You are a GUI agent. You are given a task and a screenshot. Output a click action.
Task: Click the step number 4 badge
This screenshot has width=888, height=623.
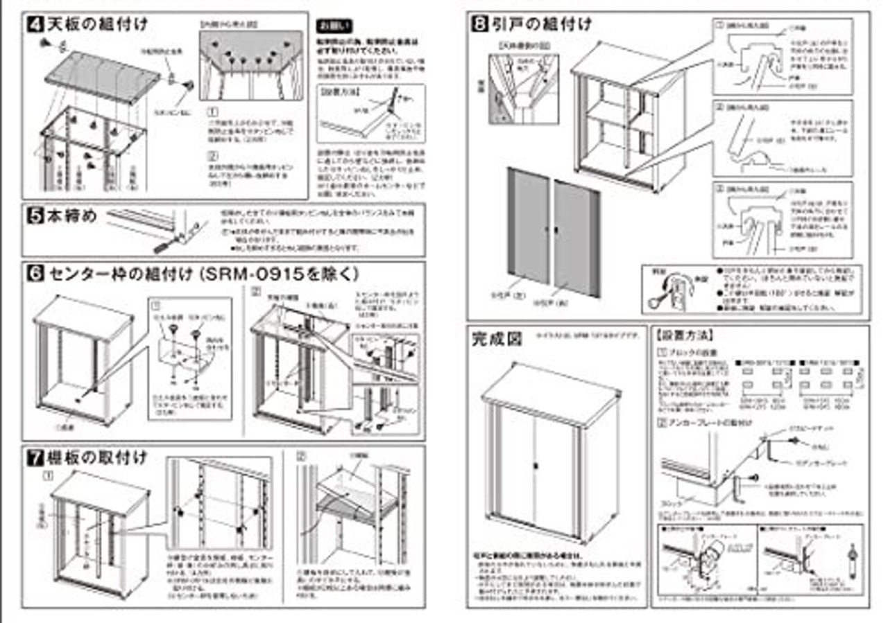click(x=36, y=25)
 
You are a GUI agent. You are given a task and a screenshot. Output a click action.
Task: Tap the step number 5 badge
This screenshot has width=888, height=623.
click(x=36, y=216)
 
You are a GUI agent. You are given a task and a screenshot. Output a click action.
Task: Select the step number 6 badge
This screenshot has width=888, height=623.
click(x=36, y=274)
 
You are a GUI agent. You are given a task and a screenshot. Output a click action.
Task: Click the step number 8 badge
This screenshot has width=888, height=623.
click(x=479, y=25)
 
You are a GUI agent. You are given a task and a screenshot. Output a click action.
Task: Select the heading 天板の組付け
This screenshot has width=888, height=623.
click(x=97, y=25)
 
